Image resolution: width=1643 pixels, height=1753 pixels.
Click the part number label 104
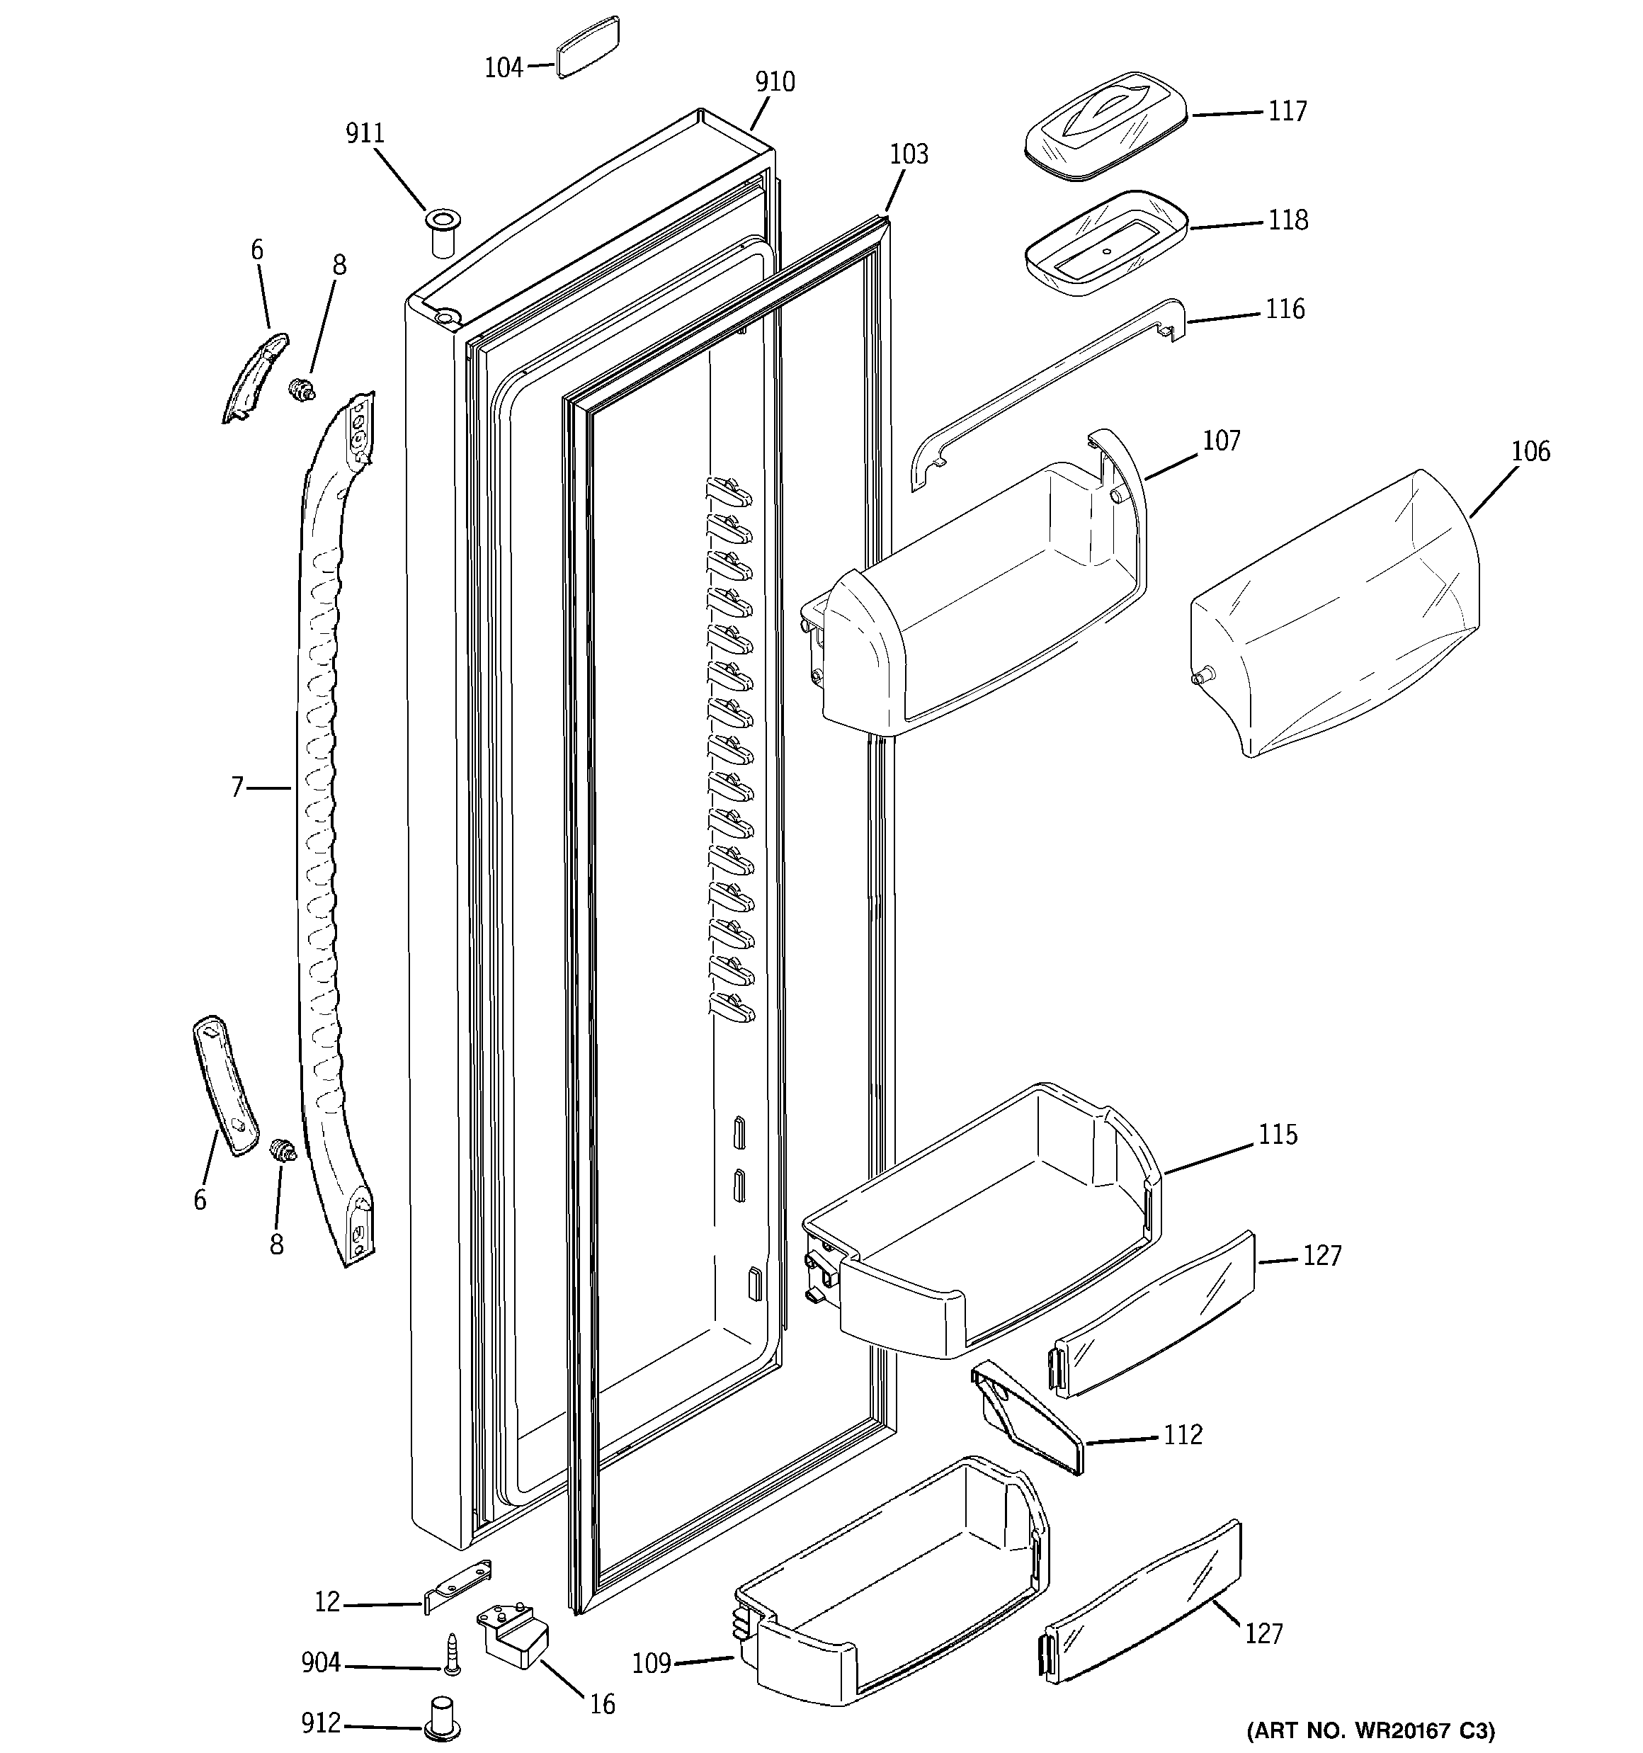click(x=504, y=68)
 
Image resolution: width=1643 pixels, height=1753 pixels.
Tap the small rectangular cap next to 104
click(x=587, y=47)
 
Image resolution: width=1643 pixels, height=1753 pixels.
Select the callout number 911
click(x=364, y=134)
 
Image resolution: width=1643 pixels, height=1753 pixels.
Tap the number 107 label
click(x=1222, y=441)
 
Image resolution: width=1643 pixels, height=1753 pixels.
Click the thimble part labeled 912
click(x=443, y=1717)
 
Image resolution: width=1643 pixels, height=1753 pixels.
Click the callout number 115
click(x=1277, y=1134)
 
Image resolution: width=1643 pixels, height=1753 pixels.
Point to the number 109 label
click(x=652, y=1663)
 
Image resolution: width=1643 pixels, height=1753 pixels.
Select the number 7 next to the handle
click(x=237, y=787)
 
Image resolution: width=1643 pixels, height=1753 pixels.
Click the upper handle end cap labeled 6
click(x=254, y=377)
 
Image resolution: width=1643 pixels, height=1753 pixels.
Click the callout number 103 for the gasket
click(x=909, y=154)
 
